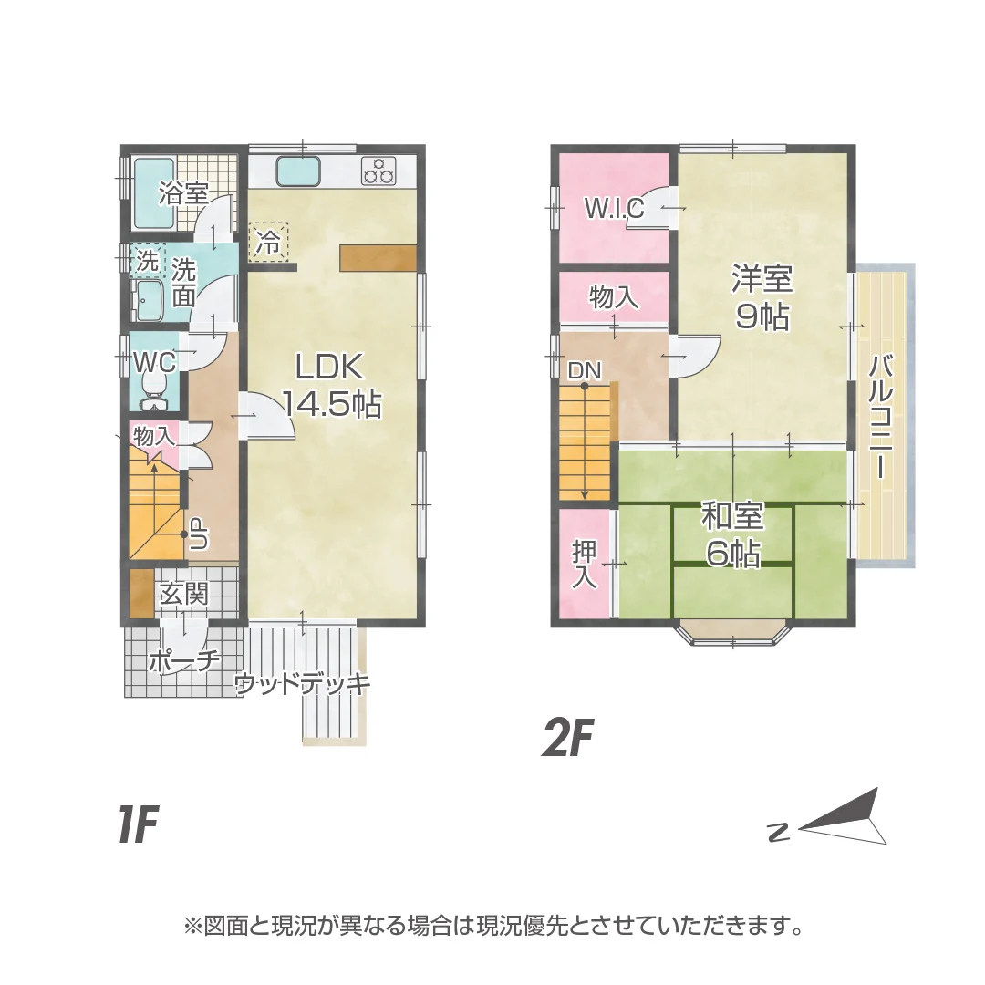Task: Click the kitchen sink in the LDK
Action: (297, 171)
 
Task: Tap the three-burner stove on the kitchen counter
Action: (378, 170)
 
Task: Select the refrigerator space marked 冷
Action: (268, 242)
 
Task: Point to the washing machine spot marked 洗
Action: (147, 261)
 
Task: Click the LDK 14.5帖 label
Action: (330, 385)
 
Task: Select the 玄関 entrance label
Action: (184, 596)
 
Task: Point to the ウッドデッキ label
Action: (302, 684)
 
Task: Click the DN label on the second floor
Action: (584, 370)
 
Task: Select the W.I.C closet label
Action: (614, 209)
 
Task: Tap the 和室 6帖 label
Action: (731, 535)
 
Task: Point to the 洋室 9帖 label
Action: (762, 297)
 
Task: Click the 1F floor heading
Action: (138, 825)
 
